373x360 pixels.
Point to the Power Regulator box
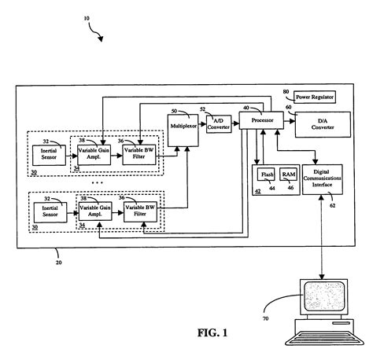click(x=315, y=97)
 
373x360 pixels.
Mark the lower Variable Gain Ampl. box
click(x=94, y=212)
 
